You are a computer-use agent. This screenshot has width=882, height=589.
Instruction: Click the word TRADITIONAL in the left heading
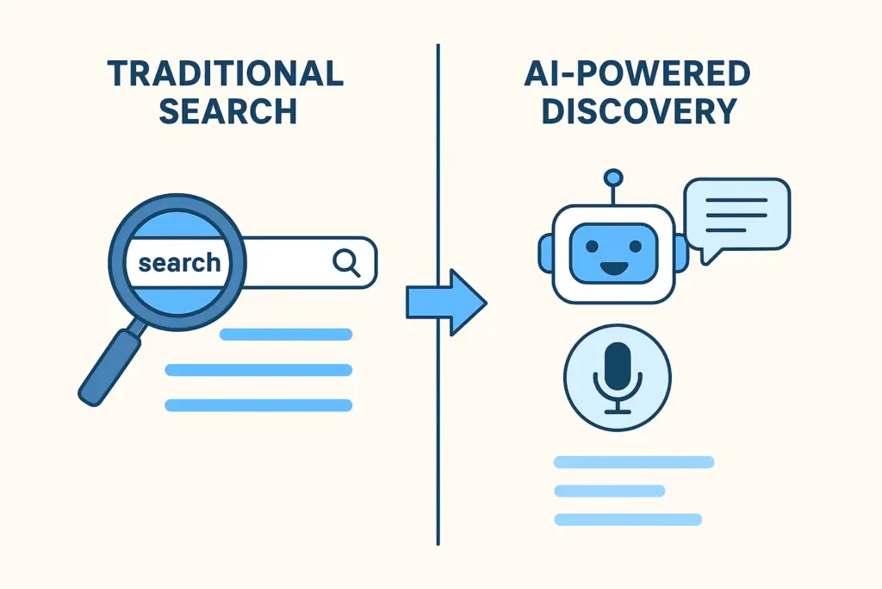226,74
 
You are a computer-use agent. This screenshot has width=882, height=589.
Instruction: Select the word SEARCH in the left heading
227,112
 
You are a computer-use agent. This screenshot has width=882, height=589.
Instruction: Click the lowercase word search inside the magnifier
179,262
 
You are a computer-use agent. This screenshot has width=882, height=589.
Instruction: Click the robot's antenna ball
612,179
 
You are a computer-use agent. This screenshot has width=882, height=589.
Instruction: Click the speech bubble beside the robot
736,214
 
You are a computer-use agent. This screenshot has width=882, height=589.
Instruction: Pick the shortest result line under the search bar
286,335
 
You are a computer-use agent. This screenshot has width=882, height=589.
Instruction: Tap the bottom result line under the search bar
258,404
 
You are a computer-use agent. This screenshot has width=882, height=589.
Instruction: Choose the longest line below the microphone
633,462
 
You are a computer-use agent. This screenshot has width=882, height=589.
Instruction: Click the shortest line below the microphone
610,491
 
